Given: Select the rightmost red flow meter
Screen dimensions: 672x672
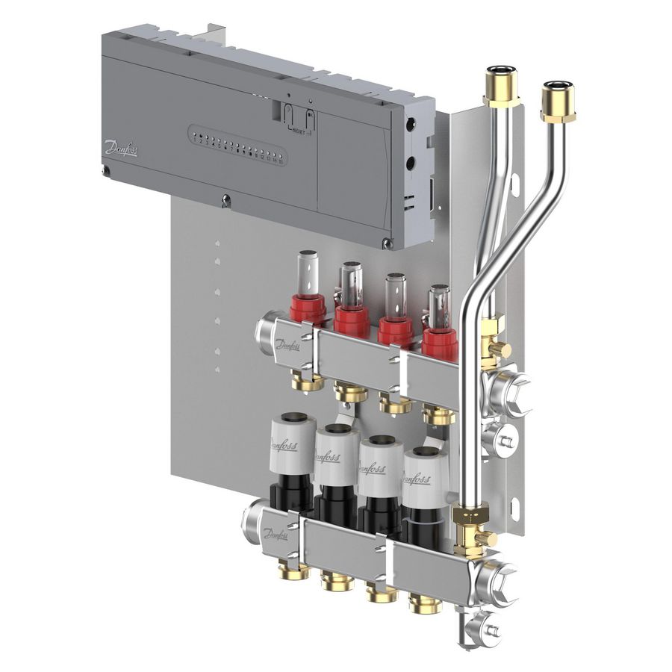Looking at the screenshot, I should coord(440,334).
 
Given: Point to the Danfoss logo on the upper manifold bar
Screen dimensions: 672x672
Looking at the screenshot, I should coord(287,346).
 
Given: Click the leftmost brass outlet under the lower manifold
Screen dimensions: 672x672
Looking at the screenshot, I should coord(288,571).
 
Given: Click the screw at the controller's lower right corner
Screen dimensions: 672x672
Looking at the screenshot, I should coord(386,243).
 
